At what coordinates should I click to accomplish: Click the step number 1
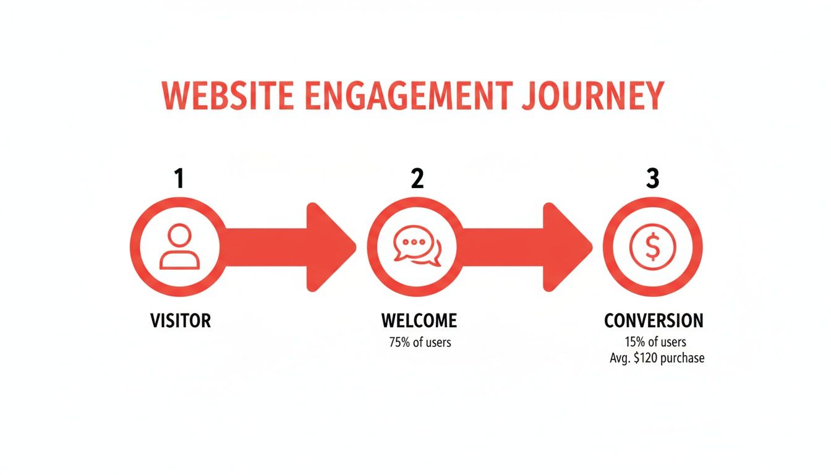click(179, 178)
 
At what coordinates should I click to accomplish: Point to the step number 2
click(417, 178)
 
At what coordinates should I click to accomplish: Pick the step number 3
click(653, 178)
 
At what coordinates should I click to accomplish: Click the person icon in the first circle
click(179, 247)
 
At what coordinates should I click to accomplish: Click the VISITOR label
click(181, 320)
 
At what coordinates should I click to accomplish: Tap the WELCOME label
click(419, 320)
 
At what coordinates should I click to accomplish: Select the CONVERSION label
click(654, 320)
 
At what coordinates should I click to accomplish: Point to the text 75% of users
click(420, 342)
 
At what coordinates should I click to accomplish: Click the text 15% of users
click(655, 342)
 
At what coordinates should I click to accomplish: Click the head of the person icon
click(179, 236)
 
